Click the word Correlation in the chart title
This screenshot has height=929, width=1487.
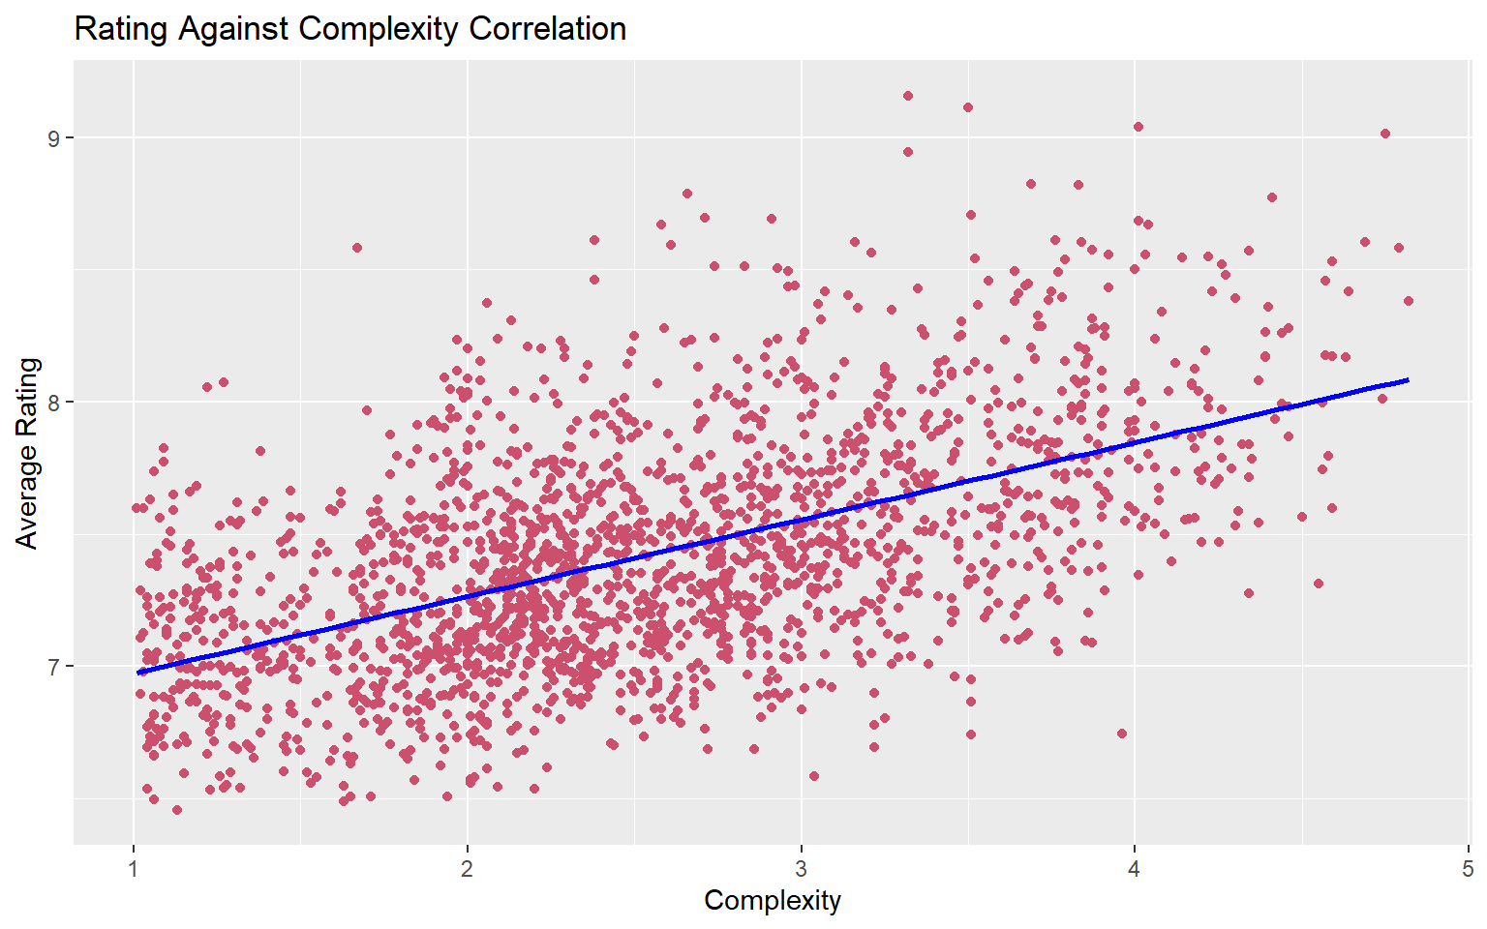547,29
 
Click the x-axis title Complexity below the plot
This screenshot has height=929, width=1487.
773,900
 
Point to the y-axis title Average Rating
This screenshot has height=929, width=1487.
27,453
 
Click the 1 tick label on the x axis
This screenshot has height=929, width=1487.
134,868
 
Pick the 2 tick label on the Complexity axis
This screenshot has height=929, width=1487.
468,868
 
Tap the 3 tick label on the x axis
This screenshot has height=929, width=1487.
801,868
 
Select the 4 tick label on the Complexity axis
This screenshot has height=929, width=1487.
1135,868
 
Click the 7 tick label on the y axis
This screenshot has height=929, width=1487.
54,666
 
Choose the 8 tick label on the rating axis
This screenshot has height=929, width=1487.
54,403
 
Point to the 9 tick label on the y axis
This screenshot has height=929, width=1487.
54,138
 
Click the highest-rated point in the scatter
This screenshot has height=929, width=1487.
908,96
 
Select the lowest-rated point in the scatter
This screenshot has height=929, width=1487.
177,810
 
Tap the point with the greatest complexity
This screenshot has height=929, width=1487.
1408,301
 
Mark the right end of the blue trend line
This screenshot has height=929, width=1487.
1408,380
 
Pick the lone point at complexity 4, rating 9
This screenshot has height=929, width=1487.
1138,127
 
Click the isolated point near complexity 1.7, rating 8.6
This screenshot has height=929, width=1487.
357,248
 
